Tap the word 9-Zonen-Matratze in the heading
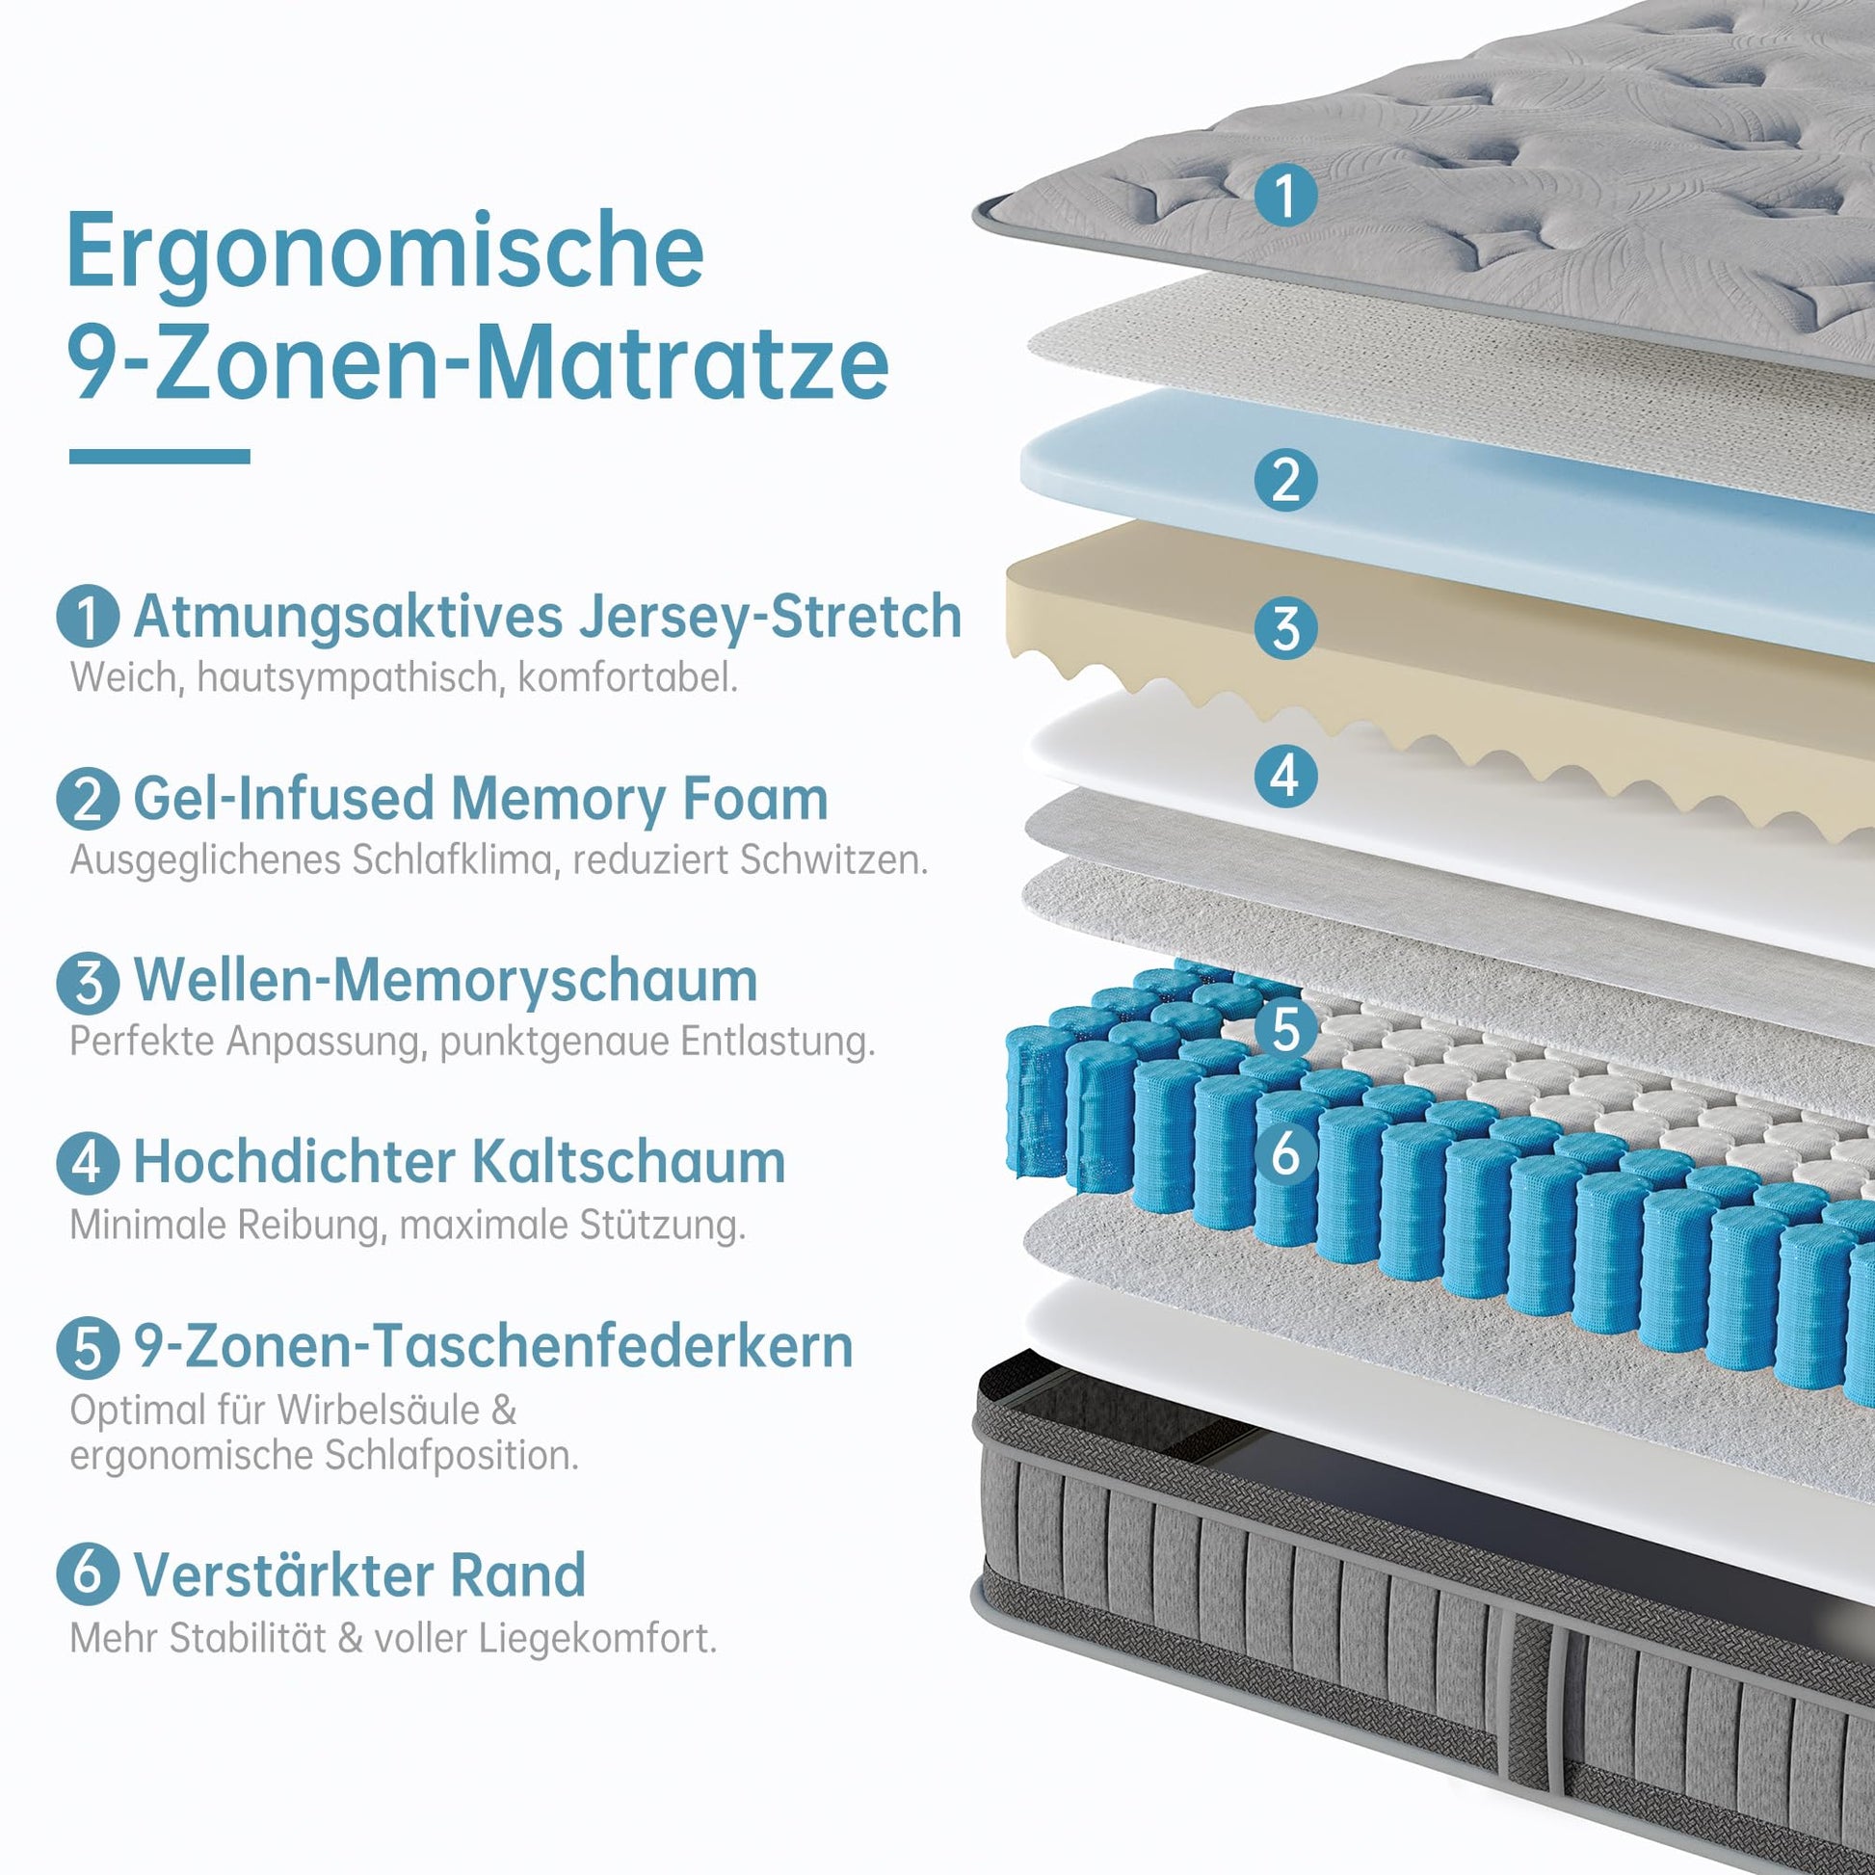point(478,361)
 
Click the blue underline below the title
point(159,456)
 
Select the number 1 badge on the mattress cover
point(1285,195)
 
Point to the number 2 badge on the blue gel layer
point(1285,480)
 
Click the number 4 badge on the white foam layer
point(1285,776)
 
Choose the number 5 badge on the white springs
point(1285,1029)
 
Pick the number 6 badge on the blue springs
point(1285,1154)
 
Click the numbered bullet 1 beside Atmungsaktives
point(89,618)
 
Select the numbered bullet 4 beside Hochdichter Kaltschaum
point(89,1163)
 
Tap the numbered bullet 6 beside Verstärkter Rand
point(89,1575)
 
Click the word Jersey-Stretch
point(770,618)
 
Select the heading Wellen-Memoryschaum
point(445,980)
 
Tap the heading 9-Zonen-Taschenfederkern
point(493,1346)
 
